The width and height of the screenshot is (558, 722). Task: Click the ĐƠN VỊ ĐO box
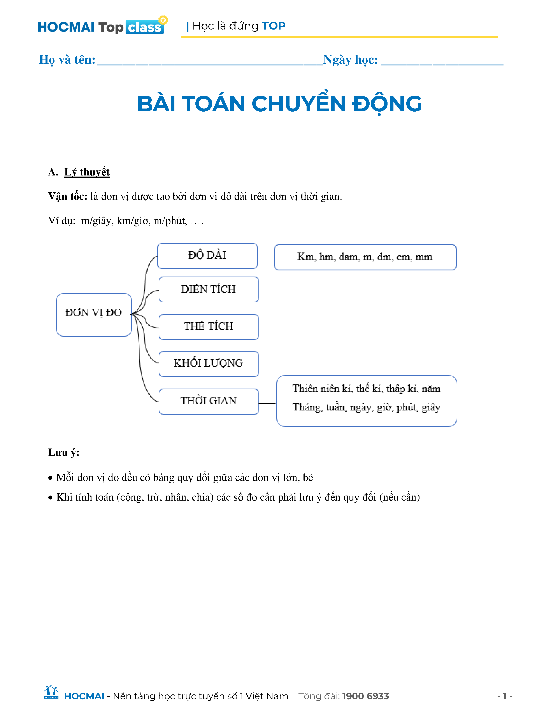point(94,314)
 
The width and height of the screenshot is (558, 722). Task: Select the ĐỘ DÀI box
point(207,256)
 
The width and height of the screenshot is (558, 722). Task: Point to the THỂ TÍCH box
point(209,327)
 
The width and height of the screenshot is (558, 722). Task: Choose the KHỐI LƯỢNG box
point(209,364)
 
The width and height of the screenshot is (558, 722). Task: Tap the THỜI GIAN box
point(209,401)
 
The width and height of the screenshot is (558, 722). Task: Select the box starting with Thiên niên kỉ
point(366,400)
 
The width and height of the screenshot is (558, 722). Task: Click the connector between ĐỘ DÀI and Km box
point(266,257)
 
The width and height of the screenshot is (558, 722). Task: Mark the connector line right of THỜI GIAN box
point(267,403)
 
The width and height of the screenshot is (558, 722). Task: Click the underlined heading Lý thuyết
point(87,172)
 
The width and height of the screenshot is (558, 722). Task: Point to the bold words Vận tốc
point(67,196)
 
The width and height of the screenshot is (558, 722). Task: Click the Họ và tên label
point(67,60)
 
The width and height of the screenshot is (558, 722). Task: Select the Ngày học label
point(350,60)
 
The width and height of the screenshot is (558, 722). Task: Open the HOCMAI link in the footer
point(84,696)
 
